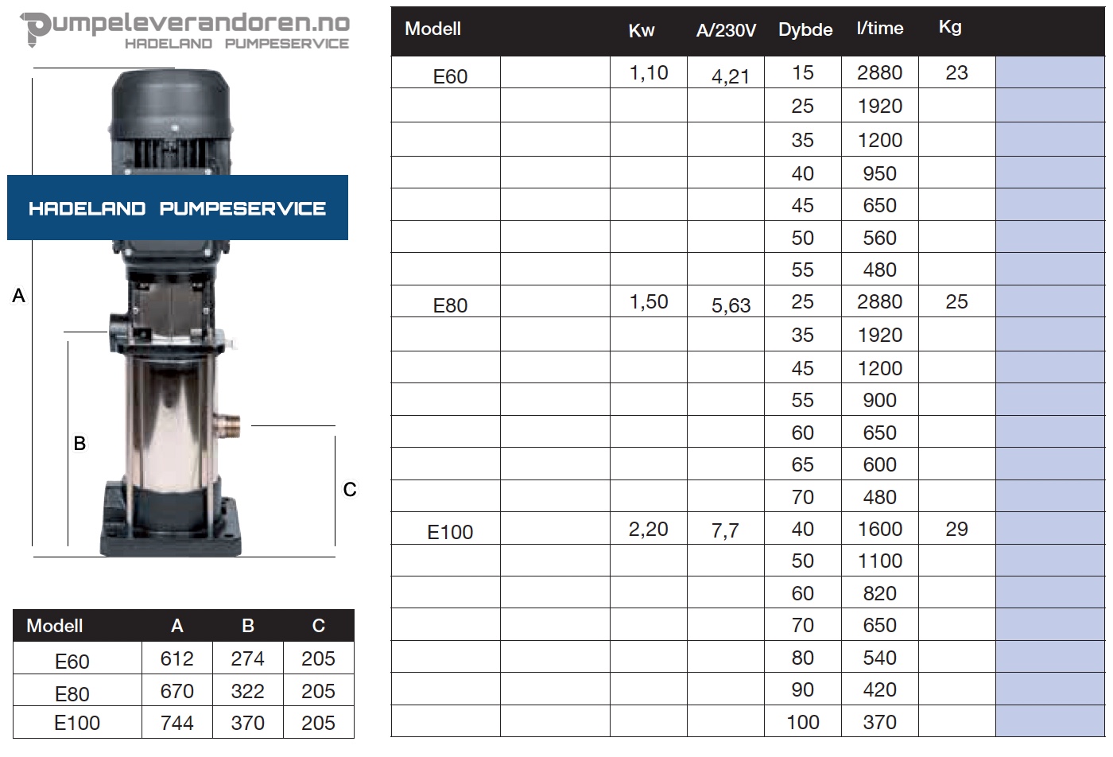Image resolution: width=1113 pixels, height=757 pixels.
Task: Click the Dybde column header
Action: point(805,30)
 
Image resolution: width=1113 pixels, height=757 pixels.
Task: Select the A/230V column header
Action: point(726,30)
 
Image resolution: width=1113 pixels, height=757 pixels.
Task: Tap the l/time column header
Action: point(879,29)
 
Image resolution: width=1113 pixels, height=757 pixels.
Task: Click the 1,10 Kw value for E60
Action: point(649,73)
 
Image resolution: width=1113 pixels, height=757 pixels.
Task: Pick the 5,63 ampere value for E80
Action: point(731,305)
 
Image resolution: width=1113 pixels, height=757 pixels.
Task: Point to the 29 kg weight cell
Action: point(956,529)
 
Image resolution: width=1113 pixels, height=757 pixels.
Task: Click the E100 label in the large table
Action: point(450,532)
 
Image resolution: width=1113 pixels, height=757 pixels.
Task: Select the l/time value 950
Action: point(879,173)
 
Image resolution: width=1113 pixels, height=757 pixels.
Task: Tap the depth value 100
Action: point(802,722)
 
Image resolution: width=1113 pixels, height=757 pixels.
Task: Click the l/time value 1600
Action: point(879,529)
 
